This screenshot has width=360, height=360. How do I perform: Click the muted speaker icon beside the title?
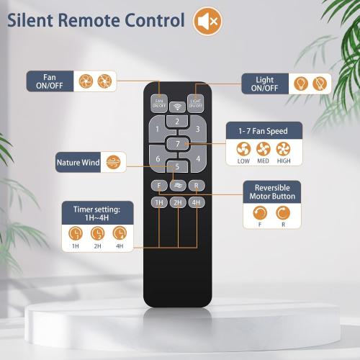pos(208,21)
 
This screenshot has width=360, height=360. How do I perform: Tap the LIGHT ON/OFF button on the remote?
pos(196,103)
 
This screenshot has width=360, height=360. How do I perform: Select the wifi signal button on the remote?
pos(177,107)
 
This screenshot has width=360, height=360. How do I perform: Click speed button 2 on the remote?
pos(177,122)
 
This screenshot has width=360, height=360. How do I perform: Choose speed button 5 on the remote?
pos(177,166)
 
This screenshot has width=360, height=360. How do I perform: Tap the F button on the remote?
pos(159,186)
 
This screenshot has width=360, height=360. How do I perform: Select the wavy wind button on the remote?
pos(178,186)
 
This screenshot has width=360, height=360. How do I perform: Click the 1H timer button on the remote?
pos(159,202)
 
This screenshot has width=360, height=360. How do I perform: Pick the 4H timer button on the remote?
pos(197,202)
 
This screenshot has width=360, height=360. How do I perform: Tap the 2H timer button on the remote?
pos(178,202)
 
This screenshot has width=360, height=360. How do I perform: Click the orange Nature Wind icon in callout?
pos(113,162)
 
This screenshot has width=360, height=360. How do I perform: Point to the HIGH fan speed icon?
pos(283,149)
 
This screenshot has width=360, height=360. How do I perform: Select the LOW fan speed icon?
pos(243,149)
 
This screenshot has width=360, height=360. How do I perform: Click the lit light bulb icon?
pos(301,84)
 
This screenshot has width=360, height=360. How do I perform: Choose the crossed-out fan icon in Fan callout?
pos(104,81)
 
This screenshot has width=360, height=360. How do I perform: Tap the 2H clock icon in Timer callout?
pos(97,233)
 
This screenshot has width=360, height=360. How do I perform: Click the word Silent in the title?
pos(30,20)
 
